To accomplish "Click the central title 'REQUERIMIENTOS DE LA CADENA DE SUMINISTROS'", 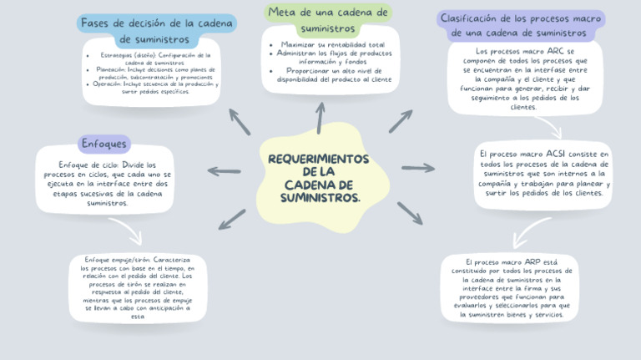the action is (319, 178).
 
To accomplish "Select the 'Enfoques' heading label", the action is (103, 144).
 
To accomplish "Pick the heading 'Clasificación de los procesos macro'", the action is (522, 25).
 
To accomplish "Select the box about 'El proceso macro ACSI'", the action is (544, 174).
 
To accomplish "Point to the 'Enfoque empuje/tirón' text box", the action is (138, 287).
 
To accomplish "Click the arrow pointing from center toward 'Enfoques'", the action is (225, 171).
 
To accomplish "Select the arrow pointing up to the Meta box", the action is (320, 118).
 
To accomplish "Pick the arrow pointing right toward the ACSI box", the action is (418, 168).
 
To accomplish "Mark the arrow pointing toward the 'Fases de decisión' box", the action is (240, 122).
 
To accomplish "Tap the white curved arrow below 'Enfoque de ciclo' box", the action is (125, 230).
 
